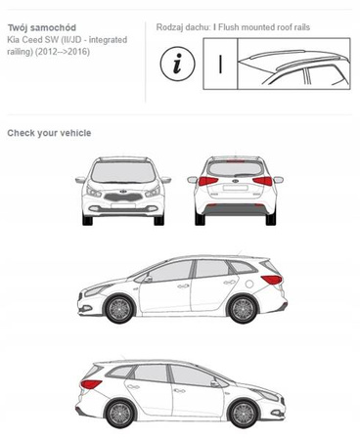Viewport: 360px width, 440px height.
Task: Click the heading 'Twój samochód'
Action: point(42,27)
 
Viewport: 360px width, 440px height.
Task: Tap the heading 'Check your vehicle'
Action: point(49,133)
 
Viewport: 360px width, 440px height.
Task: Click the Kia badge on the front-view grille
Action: point(123,192)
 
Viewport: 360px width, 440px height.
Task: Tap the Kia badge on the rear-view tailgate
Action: point(236,181)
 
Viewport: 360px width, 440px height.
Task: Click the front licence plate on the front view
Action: point(123,206)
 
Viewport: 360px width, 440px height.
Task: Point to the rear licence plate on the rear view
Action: point(235,188)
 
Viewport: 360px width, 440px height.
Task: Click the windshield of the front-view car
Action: point(123,172)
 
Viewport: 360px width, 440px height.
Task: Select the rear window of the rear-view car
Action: point(235,168)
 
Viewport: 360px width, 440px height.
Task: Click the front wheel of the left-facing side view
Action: point(119,309)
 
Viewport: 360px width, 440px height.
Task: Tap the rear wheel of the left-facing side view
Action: point(243,309)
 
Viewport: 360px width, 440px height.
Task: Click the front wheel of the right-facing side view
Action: point(244,414)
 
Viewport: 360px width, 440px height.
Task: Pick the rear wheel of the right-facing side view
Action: point(119,414)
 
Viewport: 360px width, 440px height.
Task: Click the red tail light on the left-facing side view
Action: point(272,280)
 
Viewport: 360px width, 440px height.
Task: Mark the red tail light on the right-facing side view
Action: point(91,384)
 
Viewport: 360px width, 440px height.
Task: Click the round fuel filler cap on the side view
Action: point(249,284)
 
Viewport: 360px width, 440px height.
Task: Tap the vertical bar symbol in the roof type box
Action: point(220,64)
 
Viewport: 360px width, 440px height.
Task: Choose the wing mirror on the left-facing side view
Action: point(148,279)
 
